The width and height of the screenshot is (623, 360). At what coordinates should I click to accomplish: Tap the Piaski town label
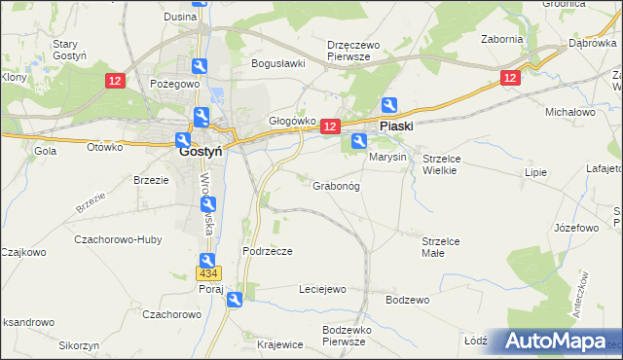point(396,126)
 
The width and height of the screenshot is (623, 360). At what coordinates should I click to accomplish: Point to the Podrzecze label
point(268,250)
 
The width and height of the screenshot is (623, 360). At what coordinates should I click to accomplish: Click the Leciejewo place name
point(322,289)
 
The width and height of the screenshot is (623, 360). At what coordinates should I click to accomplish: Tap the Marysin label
point(387,157)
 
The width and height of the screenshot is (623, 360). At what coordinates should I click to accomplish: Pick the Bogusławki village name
point(278,63)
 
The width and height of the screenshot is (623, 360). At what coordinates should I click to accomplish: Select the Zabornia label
point(502,40)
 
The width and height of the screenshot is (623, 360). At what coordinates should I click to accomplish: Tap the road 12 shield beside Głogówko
point(329,126)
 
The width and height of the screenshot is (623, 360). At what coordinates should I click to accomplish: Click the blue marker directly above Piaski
point(389,105)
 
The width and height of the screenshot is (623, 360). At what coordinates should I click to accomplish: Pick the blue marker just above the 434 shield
point(208,261)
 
